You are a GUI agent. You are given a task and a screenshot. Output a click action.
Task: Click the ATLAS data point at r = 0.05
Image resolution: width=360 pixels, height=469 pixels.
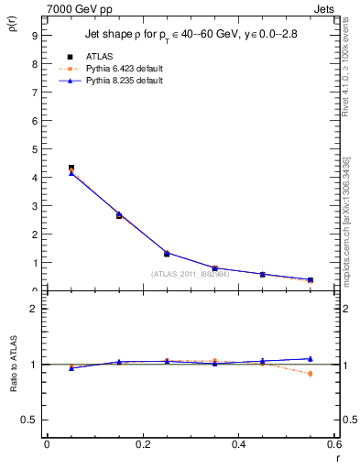[71, 169]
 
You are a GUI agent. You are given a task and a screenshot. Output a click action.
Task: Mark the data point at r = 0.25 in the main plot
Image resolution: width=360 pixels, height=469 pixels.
[167, 253]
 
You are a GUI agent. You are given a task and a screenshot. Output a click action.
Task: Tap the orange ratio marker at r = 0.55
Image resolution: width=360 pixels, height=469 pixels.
[310, 373]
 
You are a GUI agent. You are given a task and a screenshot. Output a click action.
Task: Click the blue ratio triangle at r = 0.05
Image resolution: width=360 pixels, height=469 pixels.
[71, 367]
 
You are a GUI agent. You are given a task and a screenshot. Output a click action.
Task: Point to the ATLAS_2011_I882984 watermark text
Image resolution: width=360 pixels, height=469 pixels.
[191, 273]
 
